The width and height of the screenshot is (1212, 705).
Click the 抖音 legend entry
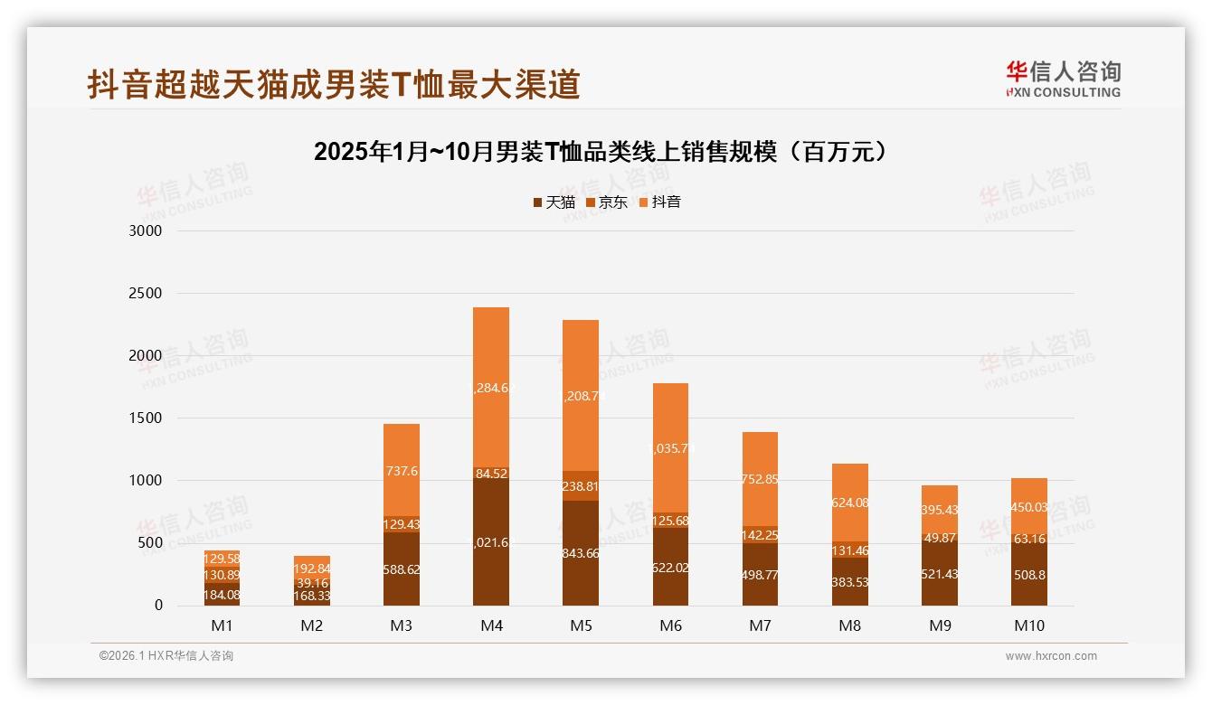659,202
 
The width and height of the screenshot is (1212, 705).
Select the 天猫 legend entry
554,202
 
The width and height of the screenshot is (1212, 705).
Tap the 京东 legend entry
607,202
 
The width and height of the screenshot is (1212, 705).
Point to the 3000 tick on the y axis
145,230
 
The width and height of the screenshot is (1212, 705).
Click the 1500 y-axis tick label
145,418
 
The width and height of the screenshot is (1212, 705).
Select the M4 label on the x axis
491,625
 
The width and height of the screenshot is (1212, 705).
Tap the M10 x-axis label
1028,625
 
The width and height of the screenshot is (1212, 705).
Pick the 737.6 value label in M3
402,471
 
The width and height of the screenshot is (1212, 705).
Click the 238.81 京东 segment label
581,486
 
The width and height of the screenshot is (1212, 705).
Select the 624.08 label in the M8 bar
849,503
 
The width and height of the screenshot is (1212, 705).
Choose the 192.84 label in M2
312,569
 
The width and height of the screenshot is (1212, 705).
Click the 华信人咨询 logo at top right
1063,79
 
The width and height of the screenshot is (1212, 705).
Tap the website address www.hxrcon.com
1051,656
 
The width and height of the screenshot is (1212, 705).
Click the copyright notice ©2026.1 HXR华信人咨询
166,656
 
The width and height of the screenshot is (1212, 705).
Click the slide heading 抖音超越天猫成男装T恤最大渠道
334,85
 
